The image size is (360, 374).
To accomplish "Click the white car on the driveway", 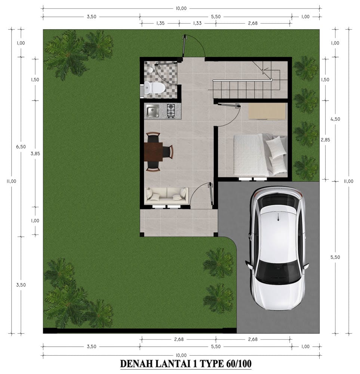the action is tap(277, 248).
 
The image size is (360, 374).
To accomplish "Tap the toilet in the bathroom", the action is tap(155, 88).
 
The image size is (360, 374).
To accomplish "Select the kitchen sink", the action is tap(153, 111).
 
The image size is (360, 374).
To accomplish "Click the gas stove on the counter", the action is tap(171, 111).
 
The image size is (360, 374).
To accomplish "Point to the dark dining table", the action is tap(154, 152).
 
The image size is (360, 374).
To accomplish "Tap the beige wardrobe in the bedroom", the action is tap(267, 111).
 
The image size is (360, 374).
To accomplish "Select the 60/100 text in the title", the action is tap(237, 364).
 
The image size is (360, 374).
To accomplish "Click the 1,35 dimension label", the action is tap(160, 23).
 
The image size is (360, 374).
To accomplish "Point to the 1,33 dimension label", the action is tap(197, 23).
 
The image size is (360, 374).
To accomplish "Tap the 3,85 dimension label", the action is tap(35, 154).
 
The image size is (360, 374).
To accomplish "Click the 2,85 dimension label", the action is tap(326, 140).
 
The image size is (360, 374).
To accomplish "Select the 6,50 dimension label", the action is tap(21, 147).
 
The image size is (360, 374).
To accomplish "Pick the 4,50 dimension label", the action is tap(335, 119).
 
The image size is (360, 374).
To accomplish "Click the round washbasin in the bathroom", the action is tap(150, 70).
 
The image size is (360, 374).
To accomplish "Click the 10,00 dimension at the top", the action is tap(181, 8).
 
